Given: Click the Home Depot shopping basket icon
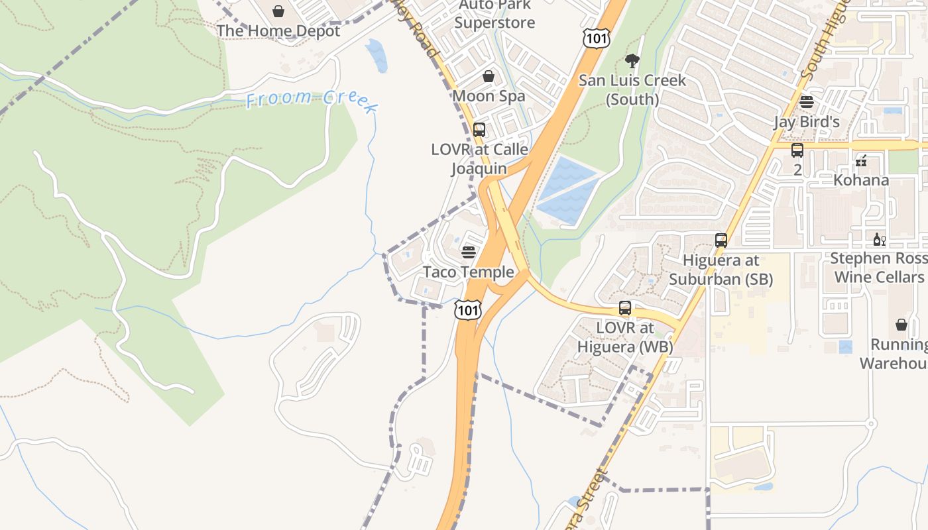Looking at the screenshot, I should click(278, 11).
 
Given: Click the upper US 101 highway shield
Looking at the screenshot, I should click(596, 38).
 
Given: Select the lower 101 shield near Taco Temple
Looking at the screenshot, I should click(467, 309).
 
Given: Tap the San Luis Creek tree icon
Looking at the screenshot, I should click(632, 61).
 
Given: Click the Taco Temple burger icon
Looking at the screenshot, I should click(469, 252).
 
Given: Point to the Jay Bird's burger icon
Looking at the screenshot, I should click(807, 101).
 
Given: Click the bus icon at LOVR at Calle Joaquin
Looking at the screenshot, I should click(479, 129).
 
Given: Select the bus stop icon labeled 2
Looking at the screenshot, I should click(797, 150).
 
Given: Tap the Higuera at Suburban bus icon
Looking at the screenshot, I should click(721, 240).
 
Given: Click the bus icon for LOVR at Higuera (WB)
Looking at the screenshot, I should click(625, 307).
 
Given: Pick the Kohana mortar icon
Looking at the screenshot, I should click(862, 160).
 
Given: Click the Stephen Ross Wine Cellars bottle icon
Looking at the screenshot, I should click(880, 239).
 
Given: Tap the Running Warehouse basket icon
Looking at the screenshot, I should click(901, 324).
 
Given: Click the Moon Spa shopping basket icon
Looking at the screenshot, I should click(489, 76).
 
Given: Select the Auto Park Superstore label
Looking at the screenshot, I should click(494, 15).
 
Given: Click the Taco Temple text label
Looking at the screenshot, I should click(469, 272).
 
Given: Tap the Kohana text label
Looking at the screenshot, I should click(862, 180).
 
